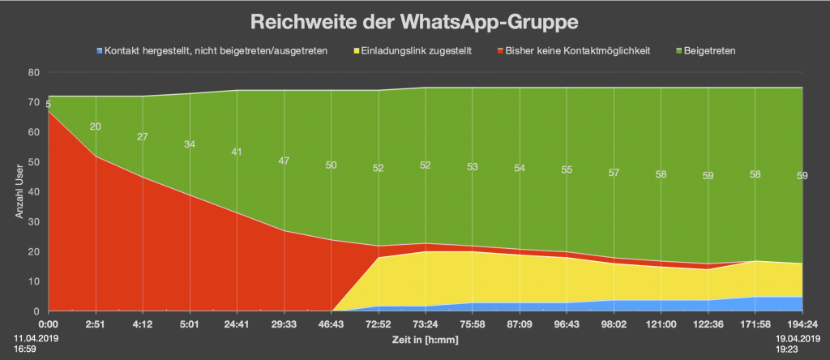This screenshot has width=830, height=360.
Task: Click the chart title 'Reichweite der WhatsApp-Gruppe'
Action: [x=415, y=19]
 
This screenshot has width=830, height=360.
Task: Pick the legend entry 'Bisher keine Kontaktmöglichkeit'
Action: [x=577, y=51]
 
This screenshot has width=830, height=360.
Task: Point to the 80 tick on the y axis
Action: [x=34, y=72]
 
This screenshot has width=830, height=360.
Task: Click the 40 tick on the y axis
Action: [x=34, y=191]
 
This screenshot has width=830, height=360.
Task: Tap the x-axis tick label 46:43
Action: [x=332, y=324]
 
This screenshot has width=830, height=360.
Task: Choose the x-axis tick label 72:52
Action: [x=379, y=324]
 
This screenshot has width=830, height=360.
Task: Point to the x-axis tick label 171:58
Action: [x=755, y=324]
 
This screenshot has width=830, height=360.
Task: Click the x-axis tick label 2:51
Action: [x=96, y=324]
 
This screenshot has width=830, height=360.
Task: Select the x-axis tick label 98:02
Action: [x=614, y=324]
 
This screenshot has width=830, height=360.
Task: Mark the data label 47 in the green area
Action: [x=284, y=161]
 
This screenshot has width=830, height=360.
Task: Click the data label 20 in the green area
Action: [x=96, y=126]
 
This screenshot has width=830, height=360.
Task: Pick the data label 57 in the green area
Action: [x=614, y=173]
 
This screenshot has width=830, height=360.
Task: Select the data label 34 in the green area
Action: [x=190, y=144]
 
